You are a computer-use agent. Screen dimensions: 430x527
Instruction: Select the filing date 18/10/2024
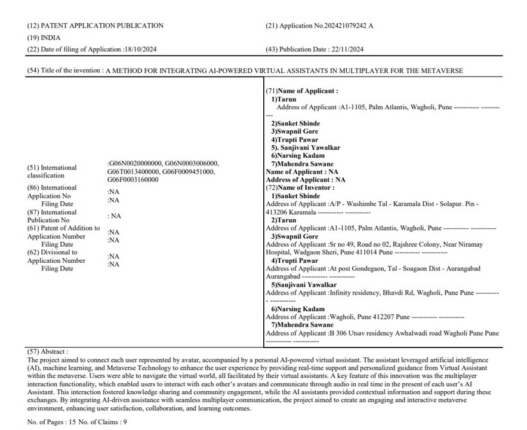point(140,49)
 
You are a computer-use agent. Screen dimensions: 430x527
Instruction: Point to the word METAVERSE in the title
point(442,70)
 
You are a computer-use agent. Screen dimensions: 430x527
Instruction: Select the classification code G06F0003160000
point(133,179)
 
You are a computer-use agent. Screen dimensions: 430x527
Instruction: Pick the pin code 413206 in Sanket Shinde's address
point(276,211)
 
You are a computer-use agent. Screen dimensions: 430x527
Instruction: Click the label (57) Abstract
point(48,352)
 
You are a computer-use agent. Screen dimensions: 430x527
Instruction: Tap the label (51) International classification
point(52,171)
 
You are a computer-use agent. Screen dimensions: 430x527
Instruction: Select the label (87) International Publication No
point(52,216)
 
